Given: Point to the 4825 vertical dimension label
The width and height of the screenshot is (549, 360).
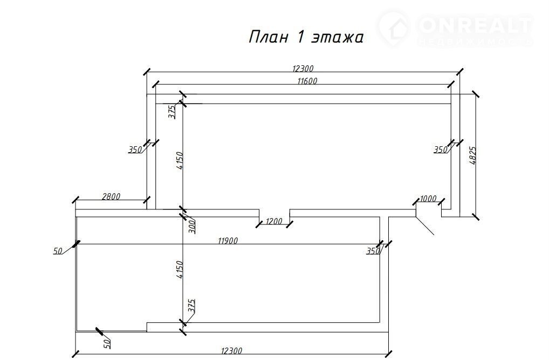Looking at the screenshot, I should pos(473,155).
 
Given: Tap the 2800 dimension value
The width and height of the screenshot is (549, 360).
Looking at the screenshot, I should pos(111,196).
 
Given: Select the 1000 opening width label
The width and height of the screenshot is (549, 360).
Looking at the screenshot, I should pos(428,199).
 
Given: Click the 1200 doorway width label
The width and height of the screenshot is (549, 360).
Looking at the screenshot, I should pos(274,221).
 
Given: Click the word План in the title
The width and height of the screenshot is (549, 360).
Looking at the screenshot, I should pos(265,37).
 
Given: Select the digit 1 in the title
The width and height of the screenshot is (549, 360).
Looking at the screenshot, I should pos(300,37).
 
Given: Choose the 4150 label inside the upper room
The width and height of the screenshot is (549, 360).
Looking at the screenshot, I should pos(181,161).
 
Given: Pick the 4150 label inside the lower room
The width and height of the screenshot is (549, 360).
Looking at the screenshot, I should pos(181,269).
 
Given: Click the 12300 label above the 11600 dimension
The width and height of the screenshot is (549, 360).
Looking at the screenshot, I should pos(303,69).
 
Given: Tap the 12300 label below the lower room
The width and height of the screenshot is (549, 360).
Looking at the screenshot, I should pos(231,351).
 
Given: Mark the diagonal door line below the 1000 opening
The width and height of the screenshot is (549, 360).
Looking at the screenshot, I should pos(424,224).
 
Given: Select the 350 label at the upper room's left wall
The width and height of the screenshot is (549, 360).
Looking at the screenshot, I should pos(135,150).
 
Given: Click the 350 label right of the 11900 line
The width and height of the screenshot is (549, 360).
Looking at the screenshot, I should pos(373,251).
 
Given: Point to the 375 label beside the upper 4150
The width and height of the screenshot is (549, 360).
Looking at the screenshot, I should pos(171,112).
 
